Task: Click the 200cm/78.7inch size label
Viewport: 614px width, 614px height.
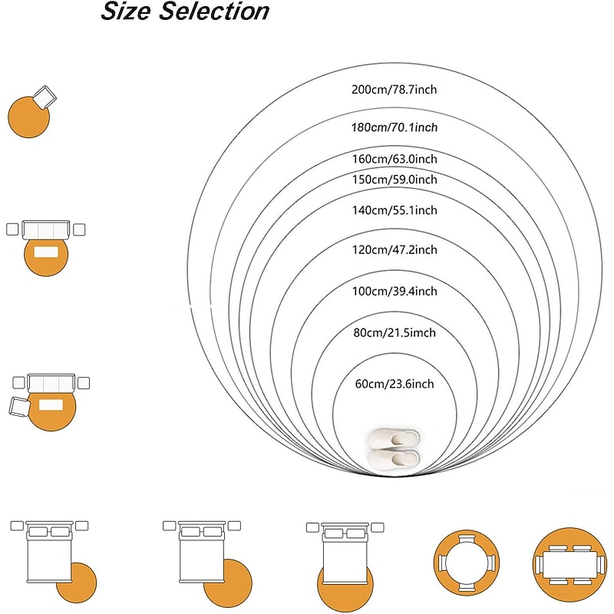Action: pos(394,90)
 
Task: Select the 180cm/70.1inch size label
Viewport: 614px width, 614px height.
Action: pos(394,127)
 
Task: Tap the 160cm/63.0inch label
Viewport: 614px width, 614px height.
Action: pos(394,159)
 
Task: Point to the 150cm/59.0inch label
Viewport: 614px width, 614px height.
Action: pos(394,180)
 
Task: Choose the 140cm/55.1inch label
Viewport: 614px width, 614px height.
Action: pos(394,210)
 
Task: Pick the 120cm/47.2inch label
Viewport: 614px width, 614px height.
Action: pos(394,250)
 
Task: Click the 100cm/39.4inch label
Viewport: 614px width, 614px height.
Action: pos(394,292)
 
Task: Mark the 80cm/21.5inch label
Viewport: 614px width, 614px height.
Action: pos(394,333)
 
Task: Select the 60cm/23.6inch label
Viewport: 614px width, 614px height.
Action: pos(394,384)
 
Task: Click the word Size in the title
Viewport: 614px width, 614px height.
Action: pos(127,12)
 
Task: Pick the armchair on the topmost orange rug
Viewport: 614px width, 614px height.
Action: pos(45,97)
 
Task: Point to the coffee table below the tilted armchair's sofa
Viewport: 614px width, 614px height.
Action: pos(50,405)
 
